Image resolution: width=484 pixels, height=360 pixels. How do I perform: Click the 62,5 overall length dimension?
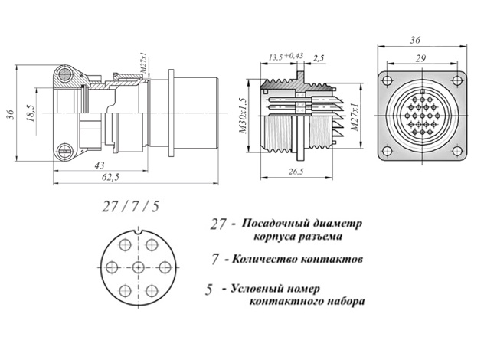pyautogui.click(x=110, y=178)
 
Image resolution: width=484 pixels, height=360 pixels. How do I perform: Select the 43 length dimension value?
pyautogui.click(x=100, y=165)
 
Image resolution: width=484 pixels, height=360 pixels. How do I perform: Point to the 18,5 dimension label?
pyautogui.click(x=31, y=113)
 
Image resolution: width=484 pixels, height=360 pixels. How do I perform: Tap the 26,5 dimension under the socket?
pyautogui.click(x=296, y=172)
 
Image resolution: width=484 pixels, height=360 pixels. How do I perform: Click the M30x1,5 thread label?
pyautogui.click(x=243, y=116)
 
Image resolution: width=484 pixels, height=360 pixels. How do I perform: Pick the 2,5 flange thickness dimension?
pyautogui.click(x=319, y=58)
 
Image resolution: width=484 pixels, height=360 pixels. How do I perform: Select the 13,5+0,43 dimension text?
pyautogui.click(x=286, y=57)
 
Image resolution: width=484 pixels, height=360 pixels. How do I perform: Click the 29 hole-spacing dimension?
pyautogui.click(x=420, y=58)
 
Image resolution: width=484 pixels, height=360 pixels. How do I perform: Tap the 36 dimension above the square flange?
pyautogui.click(x=415, y=40)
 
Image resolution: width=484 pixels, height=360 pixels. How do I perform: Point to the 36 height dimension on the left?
pyautogui.click(x=11, y=114)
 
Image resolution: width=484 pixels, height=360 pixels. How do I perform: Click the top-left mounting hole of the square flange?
pyautogui.click(x=387, y=80)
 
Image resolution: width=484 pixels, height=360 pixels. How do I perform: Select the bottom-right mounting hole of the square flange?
pyautogui.click(x=457, y=151)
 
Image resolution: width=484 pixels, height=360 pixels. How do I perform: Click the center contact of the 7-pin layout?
pyautogui.click(x=138, y=267)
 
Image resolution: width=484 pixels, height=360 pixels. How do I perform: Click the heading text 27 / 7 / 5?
pyautogui.click(x=130, y=207)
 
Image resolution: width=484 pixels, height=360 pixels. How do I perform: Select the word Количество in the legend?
pyautogui.click(x=263, y=259)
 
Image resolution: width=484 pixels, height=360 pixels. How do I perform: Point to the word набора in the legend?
pyautogui.click(x=345, y=301)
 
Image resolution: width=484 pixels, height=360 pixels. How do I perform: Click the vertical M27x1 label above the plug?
pyautogui.click(x=144, y=65)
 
